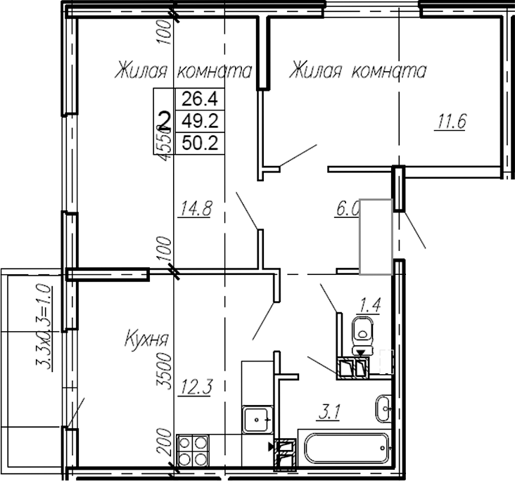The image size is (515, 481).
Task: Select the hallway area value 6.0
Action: coord(348,208)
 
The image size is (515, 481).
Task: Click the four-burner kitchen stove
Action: coord(193,450)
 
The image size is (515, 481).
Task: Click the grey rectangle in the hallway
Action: coord(376,236)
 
